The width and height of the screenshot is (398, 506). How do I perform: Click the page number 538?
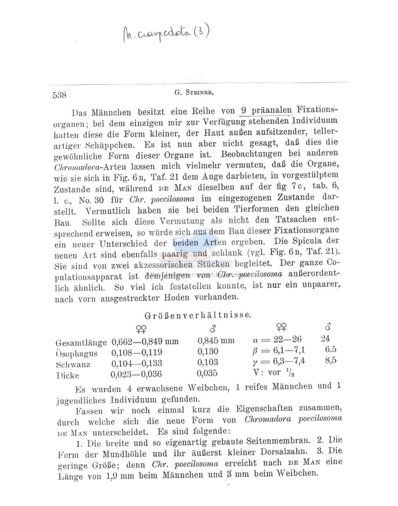pyautogui.click(x=60, y=95)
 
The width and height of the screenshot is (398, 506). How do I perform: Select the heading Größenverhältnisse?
pyautogui.click(x=198, y=315)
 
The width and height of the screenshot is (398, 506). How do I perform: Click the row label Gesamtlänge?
pyautogui.click(x=81, y=343)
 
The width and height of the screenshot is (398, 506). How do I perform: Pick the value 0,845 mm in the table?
pyautogui.click(x=216, y=340)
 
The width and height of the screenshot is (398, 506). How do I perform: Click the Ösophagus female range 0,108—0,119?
pyautogui.click(x=137, y=352)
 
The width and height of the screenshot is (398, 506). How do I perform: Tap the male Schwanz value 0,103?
pyautogui.click(x=207, y=362)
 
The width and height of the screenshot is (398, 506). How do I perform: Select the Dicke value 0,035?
pyautogui.click(x=207, y=373)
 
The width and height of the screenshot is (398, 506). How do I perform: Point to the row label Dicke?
pyautogui.click(x=68, y=375)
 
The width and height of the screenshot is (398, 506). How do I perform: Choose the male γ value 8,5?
pyautogui.click(x=331, y=361)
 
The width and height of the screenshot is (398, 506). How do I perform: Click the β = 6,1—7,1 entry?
pyautogui.click(x=279, y=350)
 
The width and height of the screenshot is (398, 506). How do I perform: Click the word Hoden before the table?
pyautogui.click(x=177, y=297)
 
